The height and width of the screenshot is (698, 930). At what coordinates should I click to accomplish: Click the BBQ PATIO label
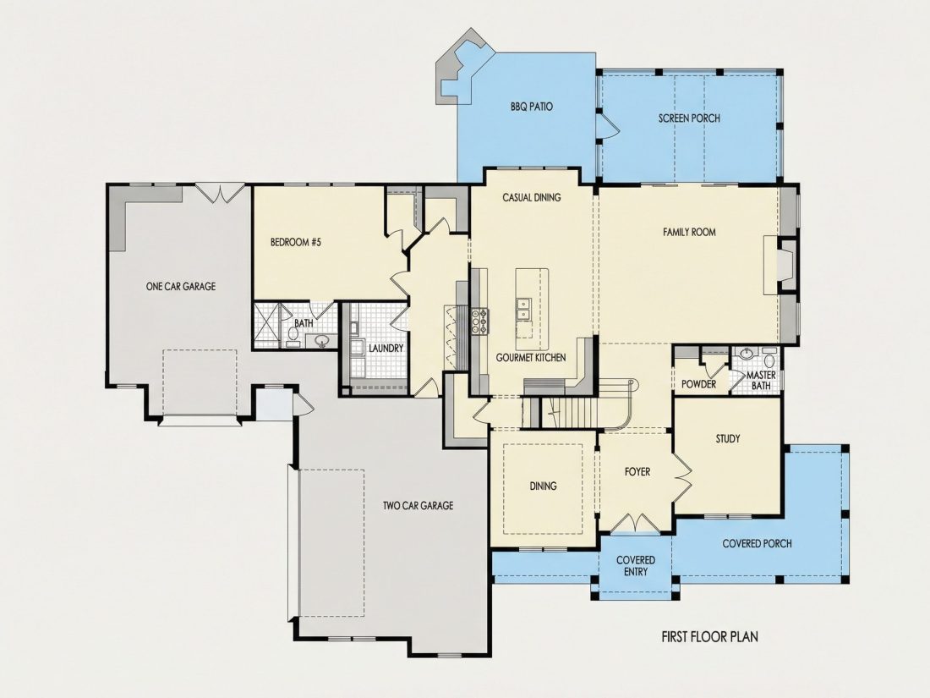[x=532, y=107]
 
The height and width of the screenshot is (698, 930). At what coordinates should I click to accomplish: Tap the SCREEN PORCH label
[x=689, y=118]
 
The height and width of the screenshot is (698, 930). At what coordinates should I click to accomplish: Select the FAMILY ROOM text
[x=689, y=232]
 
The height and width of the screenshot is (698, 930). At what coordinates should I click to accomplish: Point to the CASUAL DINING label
[x=532, y=198]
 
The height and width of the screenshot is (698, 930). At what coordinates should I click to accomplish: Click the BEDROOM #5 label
[x=295, y=242]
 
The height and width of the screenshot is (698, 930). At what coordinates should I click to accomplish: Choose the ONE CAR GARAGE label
[x=181, y=286]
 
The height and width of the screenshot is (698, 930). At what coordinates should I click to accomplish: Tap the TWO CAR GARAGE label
[x=418, y=506]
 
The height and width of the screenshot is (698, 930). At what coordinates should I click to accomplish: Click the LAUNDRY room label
[x=386, y=349]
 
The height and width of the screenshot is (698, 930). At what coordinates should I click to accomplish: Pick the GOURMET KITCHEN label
[x=531, y=357]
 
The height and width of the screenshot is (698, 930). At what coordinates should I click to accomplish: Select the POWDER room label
[x=698, y=384]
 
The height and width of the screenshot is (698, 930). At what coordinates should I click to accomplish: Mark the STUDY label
[x=728, y=438]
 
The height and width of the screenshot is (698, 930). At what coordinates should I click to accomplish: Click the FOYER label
[x=637, y=472]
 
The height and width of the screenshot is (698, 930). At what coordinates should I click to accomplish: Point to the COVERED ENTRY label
[x=636, y=566]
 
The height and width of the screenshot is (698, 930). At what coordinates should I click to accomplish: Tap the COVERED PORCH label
[x=757, y=543]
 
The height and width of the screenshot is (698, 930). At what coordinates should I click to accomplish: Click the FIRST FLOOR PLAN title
[x=710, y=637]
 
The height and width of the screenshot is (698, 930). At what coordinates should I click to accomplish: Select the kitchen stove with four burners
[x=480, y=322]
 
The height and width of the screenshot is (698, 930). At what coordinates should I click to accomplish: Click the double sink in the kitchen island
[x=523, y=309]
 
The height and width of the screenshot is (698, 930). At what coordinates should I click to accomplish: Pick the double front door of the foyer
[x=635, y=524]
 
